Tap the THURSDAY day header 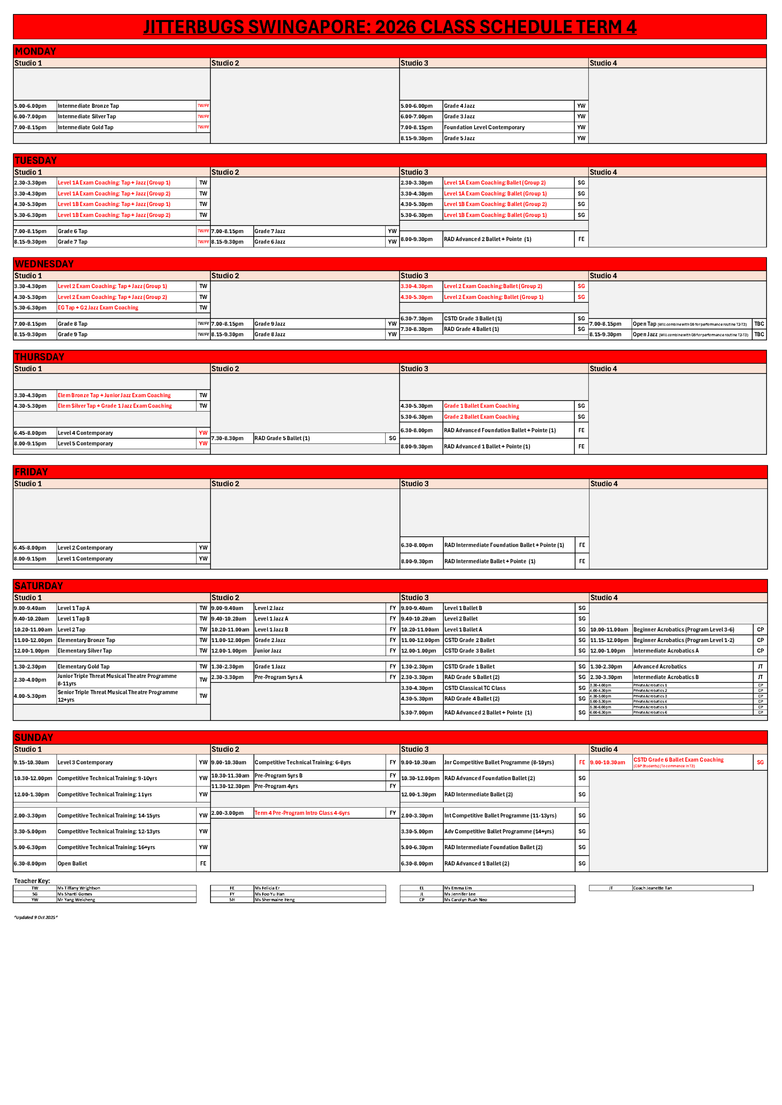pos(39,357)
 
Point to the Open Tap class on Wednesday pos(644,324)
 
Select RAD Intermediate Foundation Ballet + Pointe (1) pos(504,545)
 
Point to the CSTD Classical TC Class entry pos(475,688)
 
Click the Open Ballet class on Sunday pos(72,863)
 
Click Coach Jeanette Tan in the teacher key pos(652,888)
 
